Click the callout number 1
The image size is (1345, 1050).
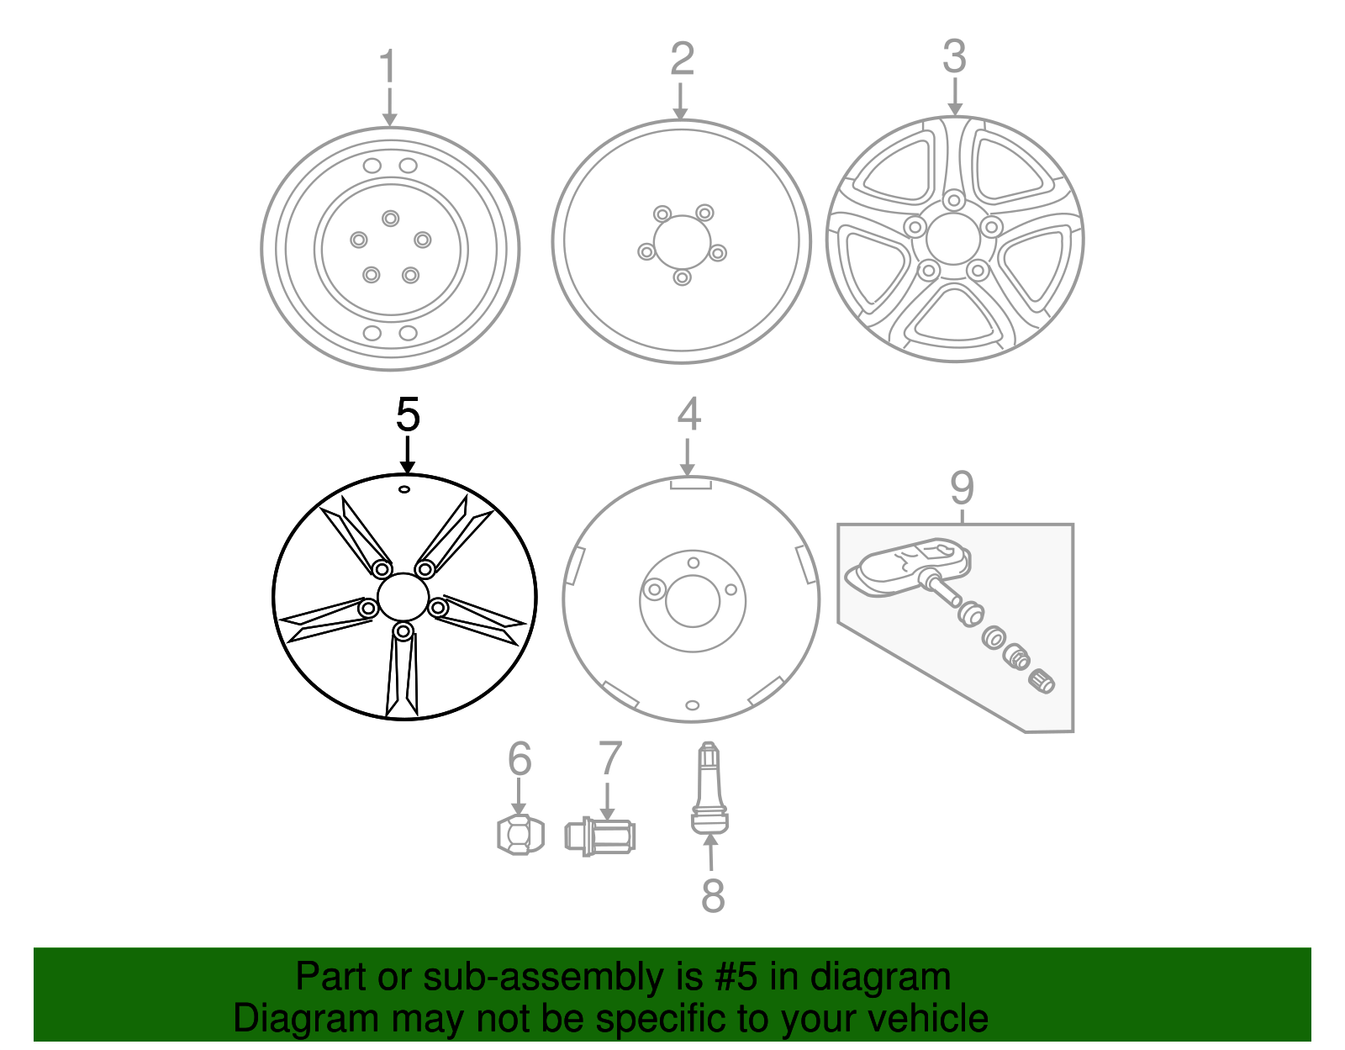[387, 66]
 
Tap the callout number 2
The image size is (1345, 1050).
[682, 59]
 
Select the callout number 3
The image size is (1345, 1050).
[954, 56]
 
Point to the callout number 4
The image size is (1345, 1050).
[689, 414]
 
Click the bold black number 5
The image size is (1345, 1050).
[408, 415]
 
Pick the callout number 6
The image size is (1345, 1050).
[520, 759]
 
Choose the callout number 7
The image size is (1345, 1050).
[609, 759]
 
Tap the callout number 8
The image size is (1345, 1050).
[713, 895]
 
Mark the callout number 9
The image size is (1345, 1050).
[962, 488]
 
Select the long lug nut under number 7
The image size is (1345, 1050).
[599, 836]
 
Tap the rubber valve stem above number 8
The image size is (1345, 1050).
[709, 790]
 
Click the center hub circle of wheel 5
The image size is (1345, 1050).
[403, 597]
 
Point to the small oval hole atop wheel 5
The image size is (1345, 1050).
[403, 489]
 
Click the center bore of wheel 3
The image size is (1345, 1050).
[953, 240]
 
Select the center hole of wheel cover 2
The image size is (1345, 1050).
[682, 242]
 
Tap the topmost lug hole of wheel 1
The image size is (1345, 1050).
[390, 219]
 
